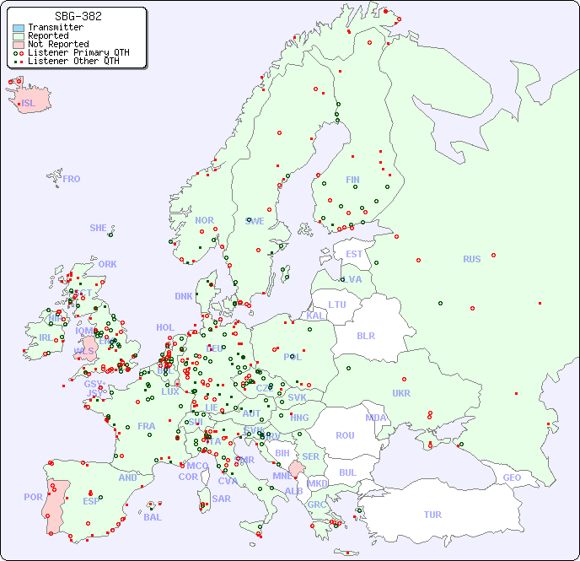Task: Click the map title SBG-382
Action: (78, 16)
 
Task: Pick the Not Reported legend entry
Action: (57, 44)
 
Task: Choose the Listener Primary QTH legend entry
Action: (78, 52)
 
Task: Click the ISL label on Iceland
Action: (28, 104)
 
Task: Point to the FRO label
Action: (72, 179)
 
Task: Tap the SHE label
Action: (98, 228)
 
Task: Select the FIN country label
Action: (352, 180)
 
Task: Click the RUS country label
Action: (471, 259)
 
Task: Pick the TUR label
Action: (432, 515)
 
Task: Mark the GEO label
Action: (512, 477)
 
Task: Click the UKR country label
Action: (401, 393)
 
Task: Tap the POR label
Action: (33, 497)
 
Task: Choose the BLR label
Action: (365, 335)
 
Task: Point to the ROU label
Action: (345, 435)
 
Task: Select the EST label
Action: (354, 254)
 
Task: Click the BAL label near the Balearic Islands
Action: (152, 517)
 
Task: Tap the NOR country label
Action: (204, 220)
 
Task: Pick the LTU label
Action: (337, 305)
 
